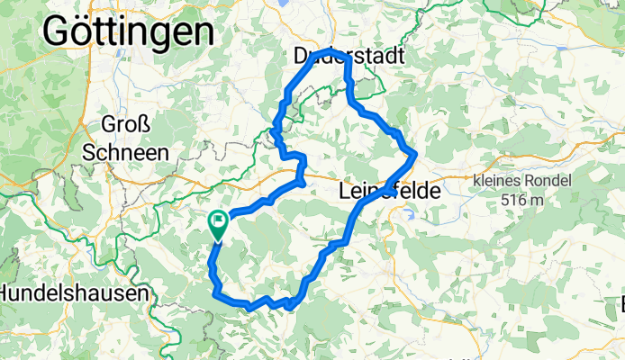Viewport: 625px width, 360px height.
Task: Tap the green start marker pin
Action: (x=218, y=224)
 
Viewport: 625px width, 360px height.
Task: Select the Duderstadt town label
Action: (x=348, y=56)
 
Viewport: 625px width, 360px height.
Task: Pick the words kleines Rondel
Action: (x=522, y=181)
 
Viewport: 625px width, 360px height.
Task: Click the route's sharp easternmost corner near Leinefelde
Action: (x=415, y=157)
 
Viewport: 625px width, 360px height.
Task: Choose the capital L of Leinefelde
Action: (x=346, y=192)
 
